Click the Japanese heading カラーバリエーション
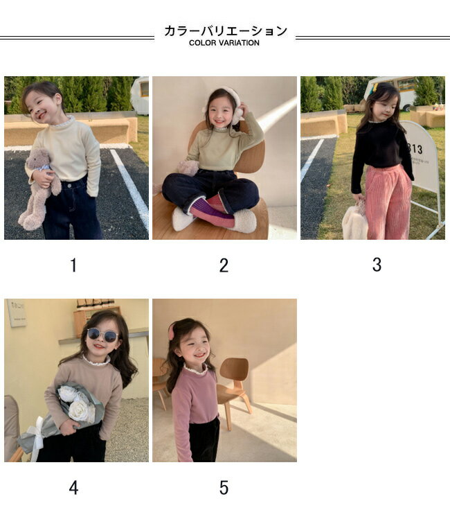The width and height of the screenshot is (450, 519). [226, 30]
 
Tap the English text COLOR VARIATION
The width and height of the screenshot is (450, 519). [224, 43]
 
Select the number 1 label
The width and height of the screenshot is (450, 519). [73, 265]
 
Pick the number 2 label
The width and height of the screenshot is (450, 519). [224, 265]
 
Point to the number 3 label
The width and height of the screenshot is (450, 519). [377, 265]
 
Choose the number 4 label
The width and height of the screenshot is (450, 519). [74, 488]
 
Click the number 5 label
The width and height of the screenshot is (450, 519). [224, 488]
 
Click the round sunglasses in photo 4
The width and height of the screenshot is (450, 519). [102, 335]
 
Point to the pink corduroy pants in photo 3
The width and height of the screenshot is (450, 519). [389, 202]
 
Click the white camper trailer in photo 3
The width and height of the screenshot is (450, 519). [390, 91]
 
